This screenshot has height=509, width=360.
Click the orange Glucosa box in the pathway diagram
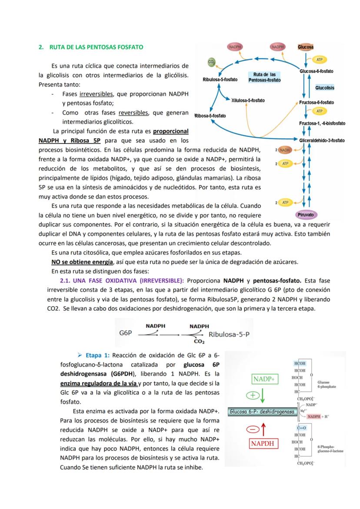(306, 47)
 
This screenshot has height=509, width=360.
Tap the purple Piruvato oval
(305, 214)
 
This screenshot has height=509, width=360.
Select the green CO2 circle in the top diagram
(212, 63)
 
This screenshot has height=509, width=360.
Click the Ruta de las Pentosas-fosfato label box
(264, 77)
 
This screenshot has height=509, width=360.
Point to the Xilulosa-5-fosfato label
(248, 100)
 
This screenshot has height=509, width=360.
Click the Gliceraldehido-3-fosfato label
(322, 140)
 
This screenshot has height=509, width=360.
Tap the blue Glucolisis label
(325, 88)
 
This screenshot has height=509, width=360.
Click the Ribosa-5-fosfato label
(210, 116)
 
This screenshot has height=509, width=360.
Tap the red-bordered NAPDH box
(264, 443)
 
